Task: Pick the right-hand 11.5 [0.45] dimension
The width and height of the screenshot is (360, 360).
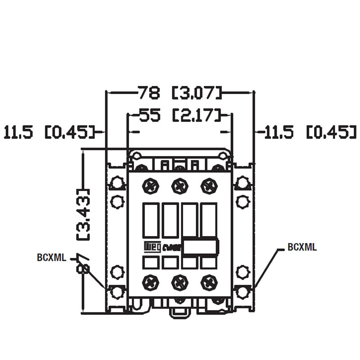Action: (x=308, y=132)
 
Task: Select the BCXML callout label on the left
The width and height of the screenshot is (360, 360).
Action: (x=51, y=258)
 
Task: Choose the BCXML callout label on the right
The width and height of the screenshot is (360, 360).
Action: (x=301, y=247)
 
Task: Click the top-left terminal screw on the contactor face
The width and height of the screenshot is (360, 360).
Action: (x=150, y=186)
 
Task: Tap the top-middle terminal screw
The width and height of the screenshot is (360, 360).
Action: (x=179, y=186)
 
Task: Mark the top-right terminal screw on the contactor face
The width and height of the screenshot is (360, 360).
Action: (x=208, y=186)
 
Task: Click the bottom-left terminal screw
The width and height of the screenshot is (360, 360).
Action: (x=150, y=282)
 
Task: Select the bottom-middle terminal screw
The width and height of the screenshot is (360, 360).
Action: (x=179, y=282)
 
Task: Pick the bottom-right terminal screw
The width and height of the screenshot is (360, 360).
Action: (x=208, y=282)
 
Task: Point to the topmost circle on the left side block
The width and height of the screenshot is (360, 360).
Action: (x=117, y=182)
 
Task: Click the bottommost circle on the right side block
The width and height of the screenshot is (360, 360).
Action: (x=243, y=292)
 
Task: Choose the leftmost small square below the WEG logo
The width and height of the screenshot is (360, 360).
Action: (x=150, y=263)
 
